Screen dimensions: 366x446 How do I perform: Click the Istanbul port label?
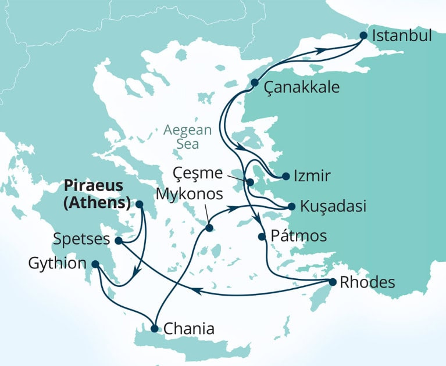(402, 35)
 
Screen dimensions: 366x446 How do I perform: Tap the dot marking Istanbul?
(363, 35)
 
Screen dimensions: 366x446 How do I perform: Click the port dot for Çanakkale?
(254, 83)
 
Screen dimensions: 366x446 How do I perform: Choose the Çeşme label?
(198, 173)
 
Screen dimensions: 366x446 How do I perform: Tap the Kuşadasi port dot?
(292, 206)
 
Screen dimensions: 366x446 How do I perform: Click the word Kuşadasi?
(334, 206)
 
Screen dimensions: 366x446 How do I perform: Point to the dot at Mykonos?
(209, 227)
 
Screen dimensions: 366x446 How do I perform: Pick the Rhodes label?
(368, 283)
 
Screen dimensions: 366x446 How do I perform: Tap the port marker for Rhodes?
(333, 282)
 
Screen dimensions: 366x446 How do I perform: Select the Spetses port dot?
(118, 240)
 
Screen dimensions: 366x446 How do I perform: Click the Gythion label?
(55, 264)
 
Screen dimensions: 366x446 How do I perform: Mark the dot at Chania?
(154, 329)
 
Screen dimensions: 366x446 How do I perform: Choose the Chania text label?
(189, 329)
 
